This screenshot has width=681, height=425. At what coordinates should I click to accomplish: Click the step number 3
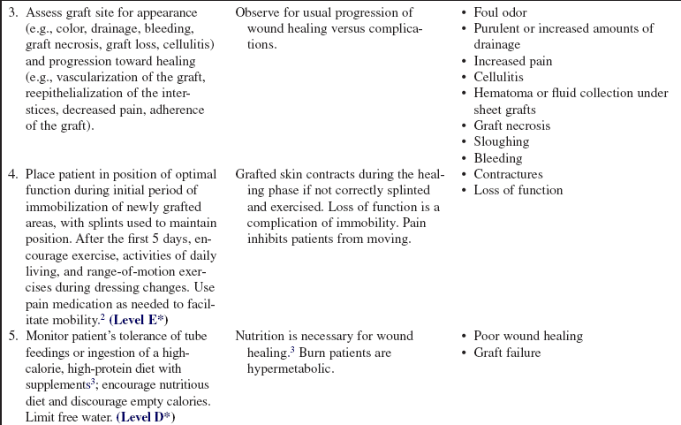[10, 13]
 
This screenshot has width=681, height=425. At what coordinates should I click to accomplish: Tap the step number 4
[10, 175]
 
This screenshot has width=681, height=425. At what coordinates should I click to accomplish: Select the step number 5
[10, 337]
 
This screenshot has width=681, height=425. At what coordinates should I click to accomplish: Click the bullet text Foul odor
[502, 13]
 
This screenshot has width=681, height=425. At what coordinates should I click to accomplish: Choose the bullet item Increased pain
[513, 62]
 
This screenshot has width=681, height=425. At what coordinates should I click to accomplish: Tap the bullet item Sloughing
[501, 142]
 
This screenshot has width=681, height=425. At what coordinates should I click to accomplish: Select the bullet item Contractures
[508, 175]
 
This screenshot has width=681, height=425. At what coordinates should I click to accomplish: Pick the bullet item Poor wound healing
[528, 337]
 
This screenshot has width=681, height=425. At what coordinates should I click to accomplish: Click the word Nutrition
[263, 337]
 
